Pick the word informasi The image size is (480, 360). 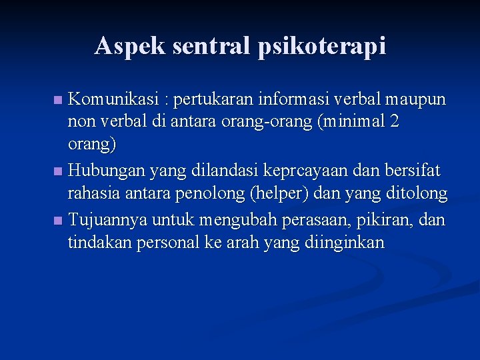point(305,100)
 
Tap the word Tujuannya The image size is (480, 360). point(108,219)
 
